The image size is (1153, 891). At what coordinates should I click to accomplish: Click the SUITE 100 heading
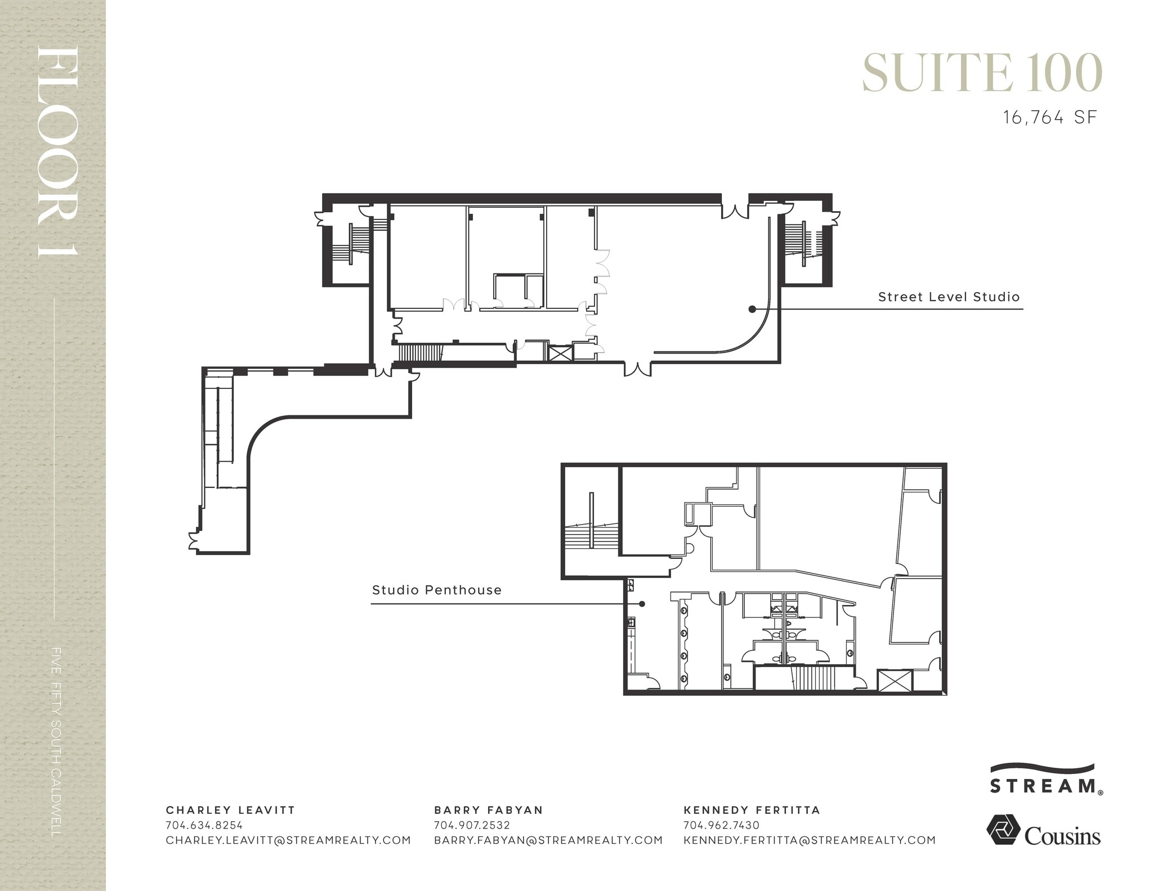coord(982,73)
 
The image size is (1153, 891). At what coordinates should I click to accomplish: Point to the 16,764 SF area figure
coord(1050,118)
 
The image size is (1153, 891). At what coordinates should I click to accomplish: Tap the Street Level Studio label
coord(949,297)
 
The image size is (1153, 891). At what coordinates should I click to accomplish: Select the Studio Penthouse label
coord(436,590)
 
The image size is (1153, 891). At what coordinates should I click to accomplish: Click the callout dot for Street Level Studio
coord(752,309)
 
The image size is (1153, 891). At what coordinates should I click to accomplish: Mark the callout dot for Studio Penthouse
coord(642,604)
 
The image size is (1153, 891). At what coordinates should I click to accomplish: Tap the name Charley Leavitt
coord(230,810)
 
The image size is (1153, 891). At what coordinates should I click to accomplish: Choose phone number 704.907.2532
coord(472,825)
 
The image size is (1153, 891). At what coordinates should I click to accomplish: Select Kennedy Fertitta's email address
coord(809,840)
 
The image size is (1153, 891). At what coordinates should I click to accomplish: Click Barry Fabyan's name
coord(488,810)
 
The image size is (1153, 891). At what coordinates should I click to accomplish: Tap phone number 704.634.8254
coord(204,825)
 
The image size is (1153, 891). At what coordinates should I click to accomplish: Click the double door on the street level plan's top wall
coord(734,211)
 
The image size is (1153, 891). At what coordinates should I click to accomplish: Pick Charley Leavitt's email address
coord(288,840)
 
